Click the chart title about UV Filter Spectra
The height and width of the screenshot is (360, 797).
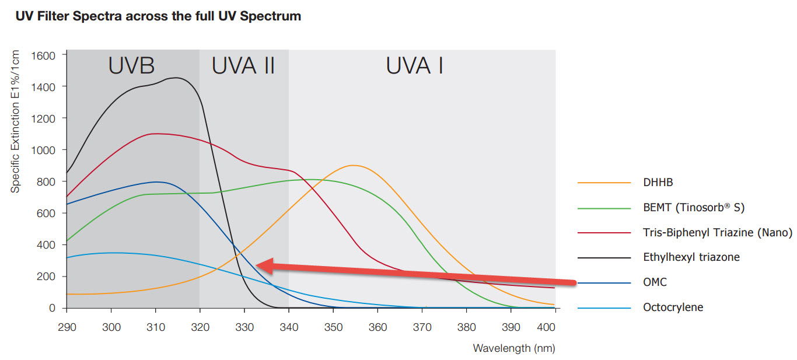coord(158,16)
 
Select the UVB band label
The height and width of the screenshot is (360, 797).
coord(131,66)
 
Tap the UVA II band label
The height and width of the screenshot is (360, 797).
coord(243,66)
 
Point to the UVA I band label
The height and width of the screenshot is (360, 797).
coord(414,66)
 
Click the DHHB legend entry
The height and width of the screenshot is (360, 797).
coord(658,183)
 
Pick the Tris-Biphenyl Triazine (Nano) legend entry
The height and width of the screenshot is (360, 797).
coord(717,233)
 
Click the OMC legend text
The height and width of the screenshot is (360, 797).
coord(655,282)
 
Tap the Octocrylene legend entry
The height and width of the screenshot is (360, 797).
coord(673,307)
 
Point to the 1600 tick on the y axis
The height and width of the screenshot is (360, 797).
coord(43,55)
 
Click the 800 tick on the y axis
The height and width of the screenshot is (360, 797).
coord(46,181)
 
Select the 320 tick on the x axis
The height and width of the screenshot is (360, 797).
coord(200,327)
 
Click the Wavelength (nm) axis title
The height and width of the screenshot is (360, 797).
coord(513,348)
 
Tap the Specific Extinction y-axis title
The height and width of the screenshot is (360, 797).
coord(16,122)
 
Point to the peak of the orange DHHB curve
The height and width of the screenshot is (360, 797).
coord(353,165)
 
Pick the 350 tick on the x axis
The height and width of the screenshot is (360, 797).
coord(333,327)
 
